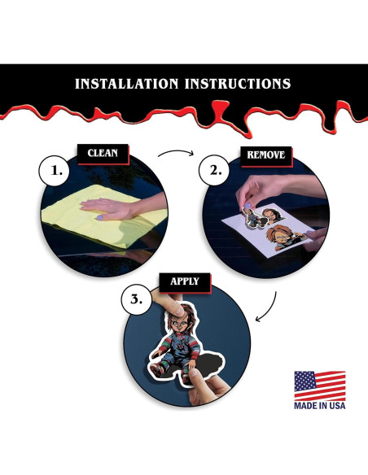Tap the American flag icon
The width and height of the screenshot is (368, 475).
(x=319, y=386)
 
